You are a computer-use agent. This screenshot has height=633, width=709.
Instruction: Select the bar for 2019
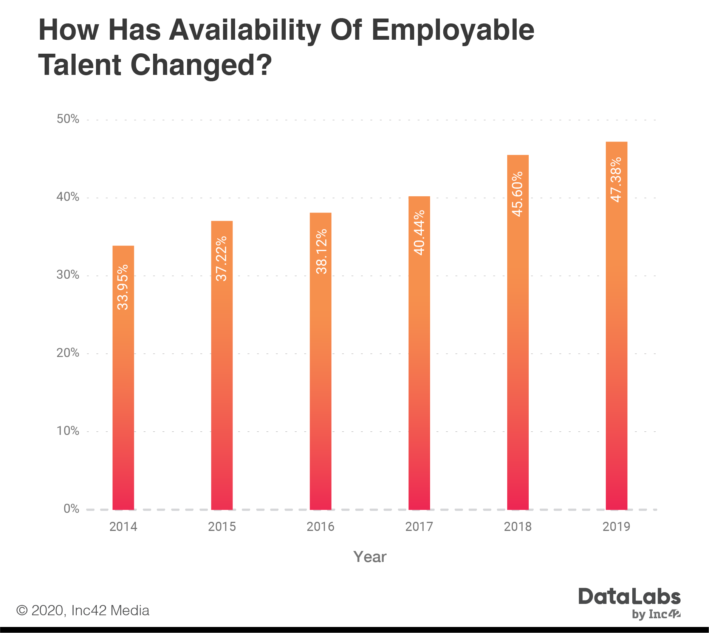[616, 340]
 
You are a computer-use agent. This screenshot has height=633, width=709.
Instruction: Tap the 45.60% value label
[517, 194]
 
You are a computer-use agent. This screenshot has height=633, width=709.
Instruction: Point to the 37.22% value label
[221, 259]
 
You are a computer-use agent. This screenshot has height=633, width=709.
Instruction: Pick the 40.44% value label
[419, 233]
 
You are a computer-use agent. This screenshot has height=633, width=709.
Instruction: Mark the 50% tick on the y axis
[68, 119]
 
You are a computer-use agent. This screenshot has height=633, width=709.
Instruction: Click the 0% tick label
[71, 509]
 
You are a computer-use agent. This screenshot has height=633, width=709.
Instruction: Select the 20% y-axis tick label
[68, 353]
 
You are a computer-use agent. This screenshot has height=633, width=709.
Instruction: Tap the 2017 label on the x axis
[419, 526]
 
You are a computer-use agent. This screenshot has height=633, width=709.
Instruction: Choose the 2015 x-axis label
[222, 526]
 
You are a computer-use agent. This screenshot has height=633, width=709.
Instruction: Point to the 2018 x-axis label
[517, 526]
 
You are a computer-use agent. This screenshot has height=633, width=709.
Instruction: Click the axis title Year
[370, 557]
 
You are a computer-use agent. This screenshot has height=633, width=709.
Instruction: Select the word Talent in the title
[80, 65]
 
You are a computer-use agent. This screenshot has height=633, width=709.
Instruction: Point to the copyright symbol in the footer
[22, 610]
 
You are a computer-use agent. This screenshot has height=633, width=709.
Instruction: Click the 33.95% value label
[123, 287]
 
